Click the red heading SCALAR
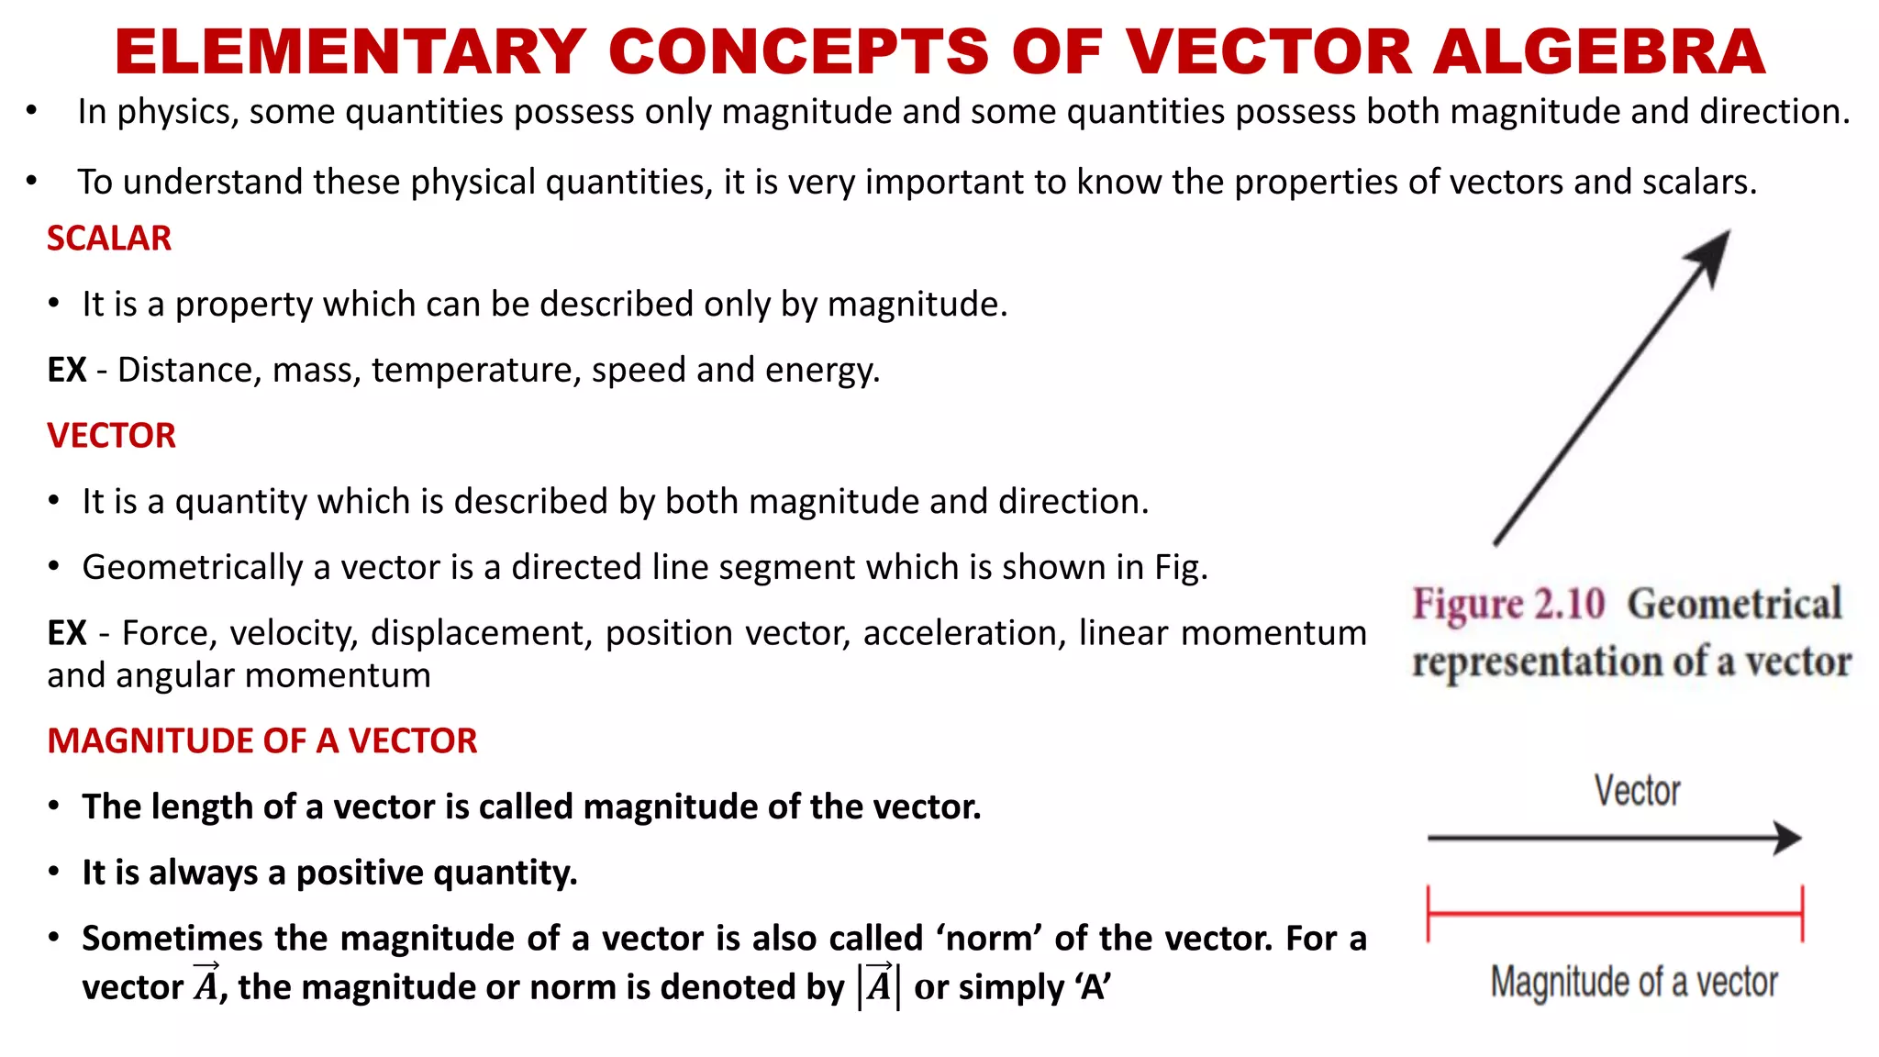point(109,239)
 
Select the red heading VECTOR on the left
point(111,436)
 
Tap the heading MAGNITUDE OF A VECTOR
point(262,741)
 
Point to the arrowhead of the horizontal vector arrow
point(1787,838)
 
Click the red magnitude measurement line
point(1615,914)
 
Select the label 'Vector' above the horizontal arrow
point(1637,791)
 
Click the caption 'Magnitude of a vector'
point(1634,982)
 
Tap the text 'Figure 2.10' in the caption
point(1508,605)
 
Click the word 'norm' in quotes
point(989,939)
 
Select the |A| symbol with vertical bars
point(879,985)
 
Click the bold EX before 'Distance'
point(67,371)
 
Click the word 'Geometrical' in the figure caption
point(1734,605)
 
